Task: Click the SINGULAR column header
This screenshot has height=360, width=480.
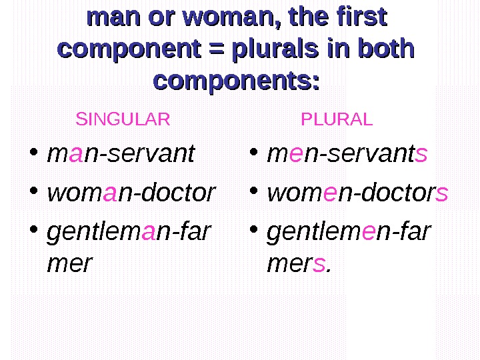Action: tap(123, 120)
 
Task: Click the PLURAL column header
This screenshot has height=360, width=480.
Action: tap(337, 120)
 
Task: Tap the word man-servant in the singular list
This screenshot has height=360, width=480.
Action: tap(121, 154)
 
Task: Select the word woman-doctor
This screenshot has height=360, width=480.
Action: tap(131, 193)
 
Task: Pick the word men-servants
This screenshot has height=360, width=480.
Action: tap(347, 154)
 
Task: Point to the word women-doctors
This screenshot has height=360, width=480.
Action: tap(357, 193)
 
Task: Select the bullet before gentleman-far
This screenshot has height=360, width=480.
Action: tap(34, 231)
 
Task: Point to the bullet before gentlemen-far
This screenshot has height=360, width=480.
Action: tap(253, 231)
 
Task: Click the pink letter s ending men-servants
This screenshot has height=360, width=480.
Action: tap(421, 155)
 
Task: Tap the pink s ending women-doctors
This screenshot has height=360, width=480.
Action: tap(441, 194)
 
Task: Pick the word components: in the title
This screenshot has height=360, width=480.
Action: tap(237, 81)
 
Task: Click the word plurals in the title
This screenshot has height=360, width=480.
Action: tap(277, 49)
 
